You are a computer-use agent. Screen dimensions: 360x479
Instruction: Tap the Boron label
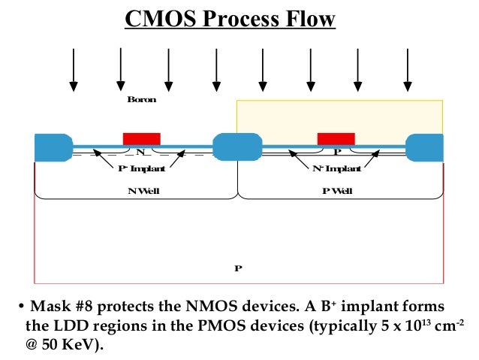[142, 99]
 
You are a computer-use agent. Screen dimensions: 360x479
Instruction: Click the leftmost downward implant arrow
[73, 68]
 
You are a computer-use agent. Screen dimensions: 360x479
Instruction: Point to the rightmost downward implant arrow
[408, 68]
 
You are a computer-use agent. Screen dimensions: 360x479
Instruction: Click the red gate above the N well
[142, 138]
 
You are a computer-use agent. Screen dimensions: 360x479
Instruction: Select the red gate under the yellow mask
[336, 138]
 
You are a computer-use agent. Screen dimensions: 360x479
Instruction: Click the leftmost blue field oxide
[53, 147]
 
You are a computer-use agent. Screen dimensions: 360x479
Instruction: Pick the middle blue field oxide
[237, 147]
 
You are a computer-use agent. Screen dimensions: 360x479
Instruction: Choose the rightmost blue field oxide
[424, 147]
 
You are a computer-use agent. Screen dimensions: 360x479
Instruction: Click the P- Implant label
[142, 169]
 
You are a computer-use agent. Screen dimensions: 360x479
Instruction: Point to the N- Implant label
[336, 169]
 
